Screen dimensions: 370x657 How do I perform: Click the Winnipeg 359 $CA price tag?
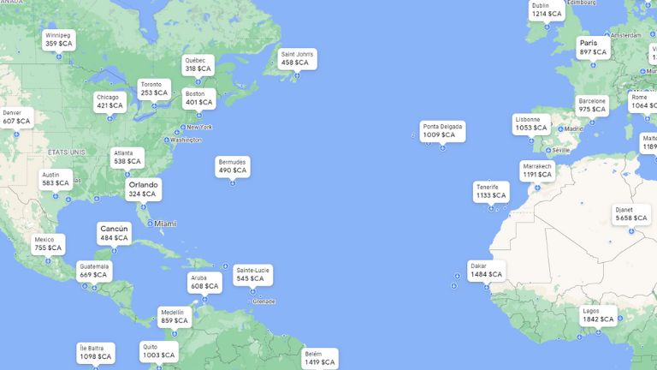[59, 39]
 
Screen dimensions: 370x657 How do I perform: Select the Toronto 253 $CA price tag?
[155, 89]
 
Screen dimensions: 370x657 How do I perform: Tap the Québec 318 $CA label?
[198, 65]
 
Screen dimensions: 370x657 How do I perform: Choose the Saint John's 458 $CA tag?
[298, 58]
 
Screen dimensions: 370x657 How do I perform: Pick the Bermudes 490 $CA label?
[232, 166]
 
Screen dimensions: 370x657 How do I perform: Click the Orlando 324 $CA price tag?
[143, 189]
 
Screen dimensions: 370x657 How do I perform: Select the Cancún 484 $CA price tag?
[114, 234]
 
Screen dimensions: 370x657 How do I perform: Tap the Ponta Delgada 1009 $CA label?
[442, 131]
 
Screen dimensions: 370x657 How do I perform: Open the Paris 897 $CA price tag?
[592, 48]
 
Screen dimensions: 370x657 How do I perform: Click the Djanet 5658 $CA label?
[631, 214]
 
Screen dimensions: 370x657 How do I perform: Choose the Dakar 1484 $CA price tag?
[485, 271]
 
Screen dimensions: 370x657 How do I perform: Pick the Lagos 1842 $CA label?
[598, 315]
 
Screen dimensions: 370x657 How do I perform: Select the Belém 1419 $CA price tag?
[319, 358]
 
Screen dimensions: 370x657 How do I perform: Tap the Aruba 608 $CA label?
[204, 283]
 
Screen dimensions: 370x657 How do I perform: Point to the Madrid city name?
[573, 128]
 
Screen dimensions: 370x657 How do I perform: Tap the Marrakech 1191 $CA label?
[537, 170]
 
